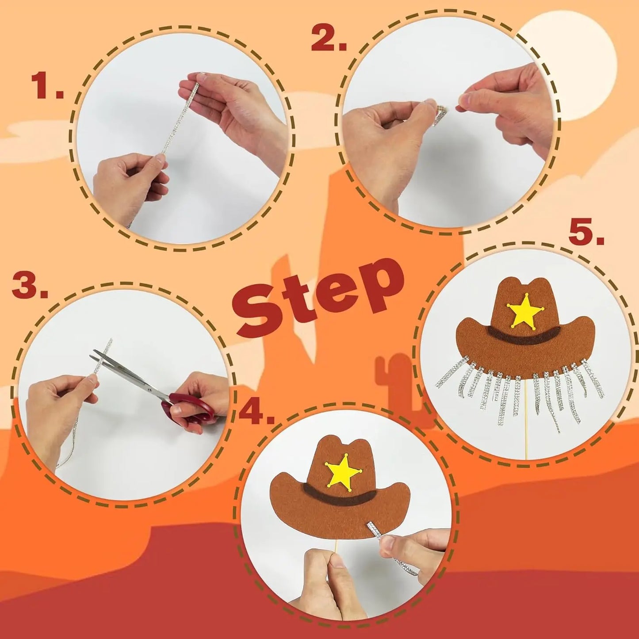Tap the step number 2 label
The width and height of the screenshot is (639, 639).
[x=329, y=39]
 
